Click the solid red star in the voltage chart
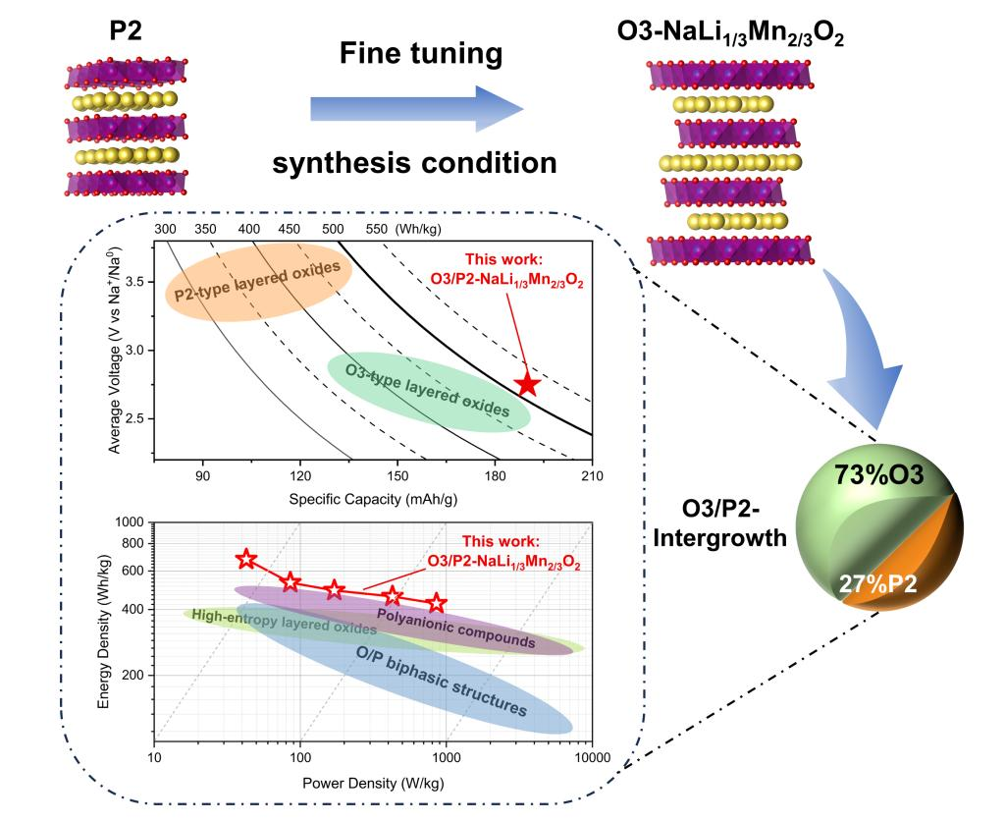pos(527,384)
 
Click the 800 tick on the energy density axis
pos(131,543)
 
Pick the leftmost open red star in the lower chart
pos(246,559)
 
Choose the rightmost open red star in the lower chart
pos(437,602)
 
